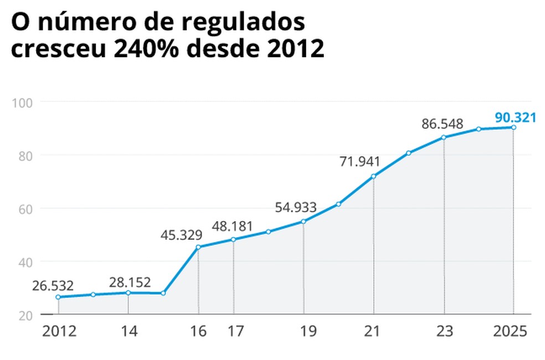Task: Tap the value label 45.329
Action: pyautogui.click(x=182, y=235)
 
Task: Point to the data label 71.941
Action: pyautogui.click(x=360, y=162)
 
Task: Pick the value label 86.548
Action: pyautogui.click(x=442, y=124)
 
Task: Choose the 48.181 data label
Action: pyautogui.click(x=233, y=227)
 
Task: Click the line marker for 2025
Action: pyautogui.click(x=513, y=127)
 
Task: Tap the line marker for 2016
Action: pyautogui.click(x=198, y=246)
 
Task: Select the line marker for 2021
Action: pyautogui.click(x=374, y=177)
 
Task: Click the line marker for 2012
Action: pyautogui.click(x=58, y=297)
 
